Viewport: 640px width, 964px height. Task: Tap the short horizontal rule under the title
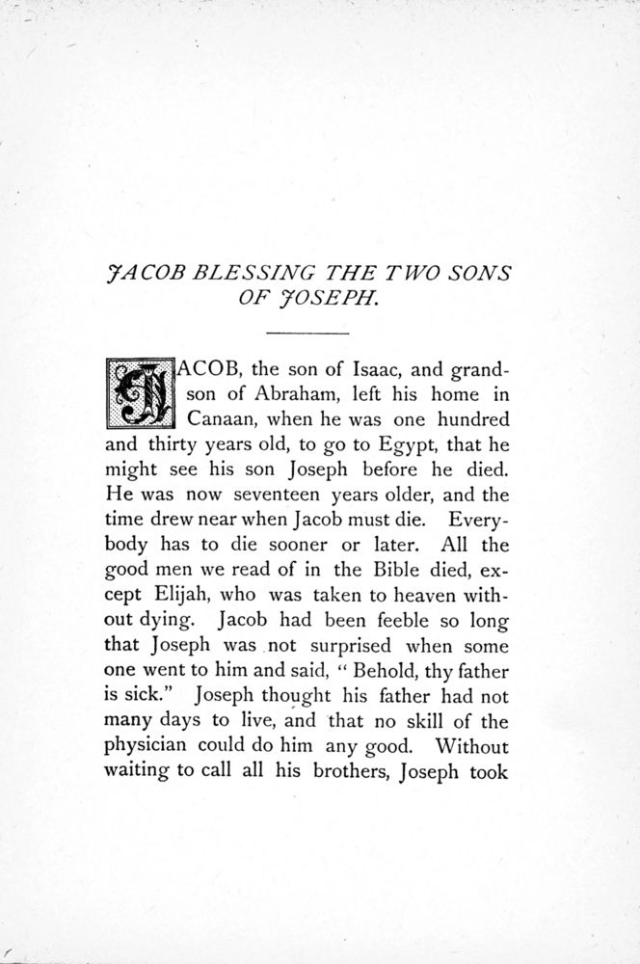307,333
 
